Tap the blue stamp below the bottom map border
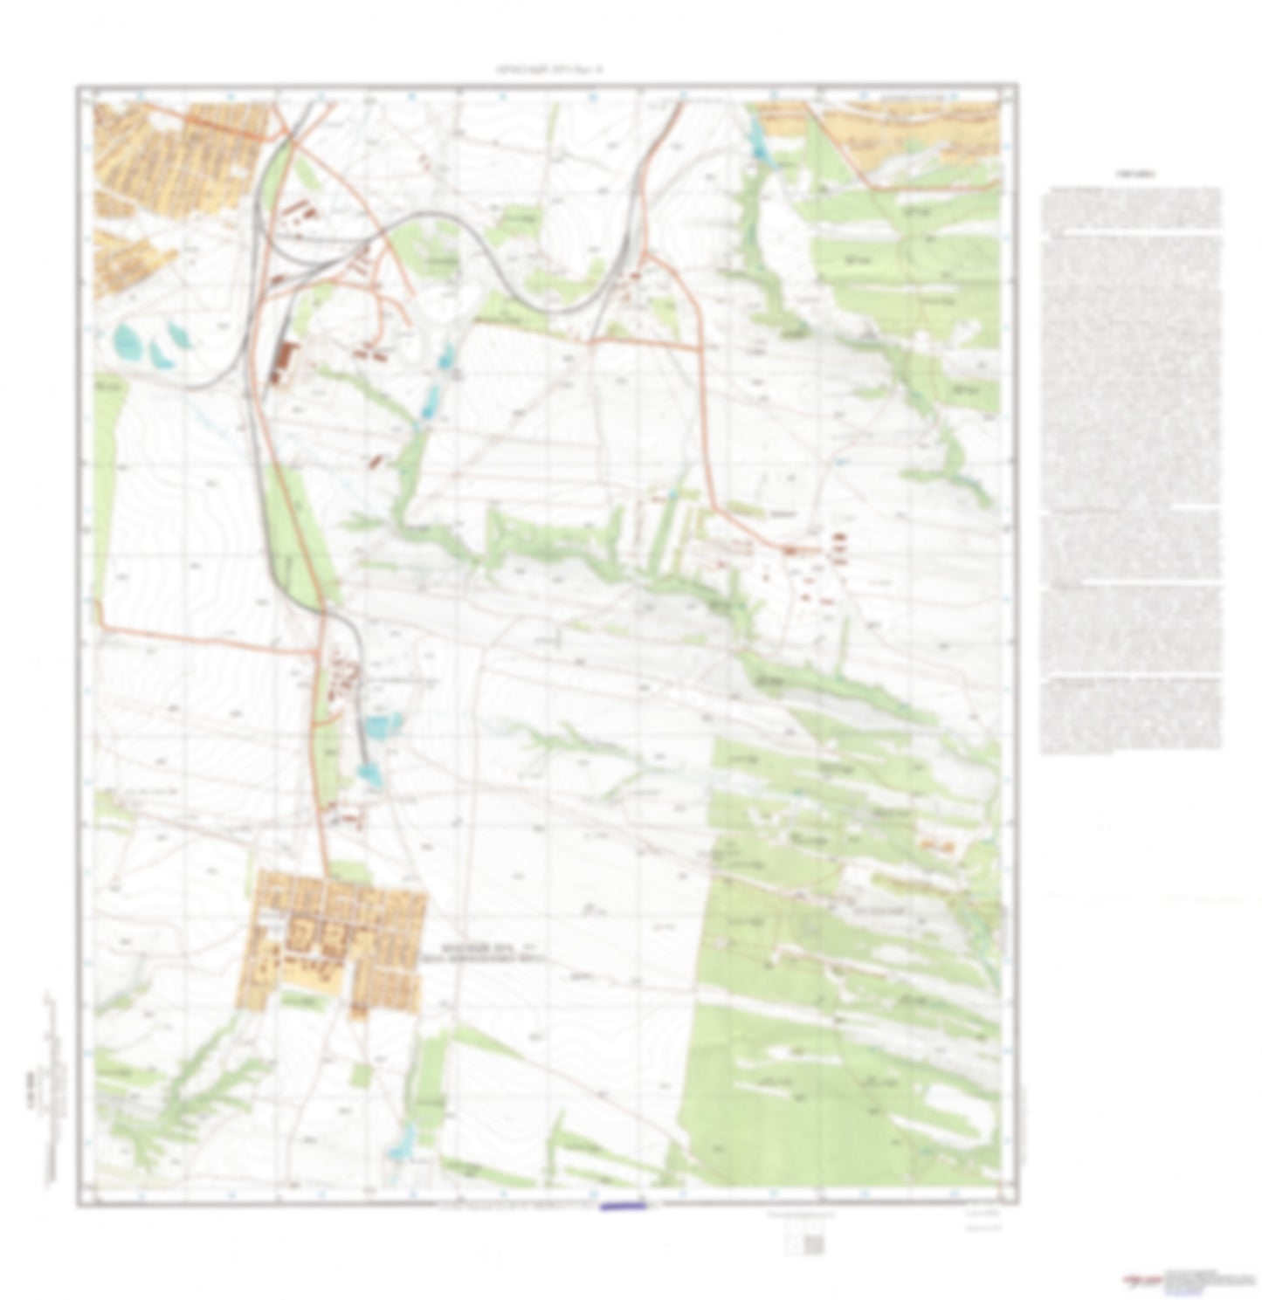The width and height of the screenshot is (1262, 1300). pyautogui.click(x=622, y=1207)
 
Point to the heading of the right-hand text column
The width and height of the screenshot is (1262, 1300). pyautogui.click(x=1130, y=175)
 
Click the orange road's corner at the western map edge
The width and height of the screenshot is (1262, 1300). pyautogui.click(x=100, y=625)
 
